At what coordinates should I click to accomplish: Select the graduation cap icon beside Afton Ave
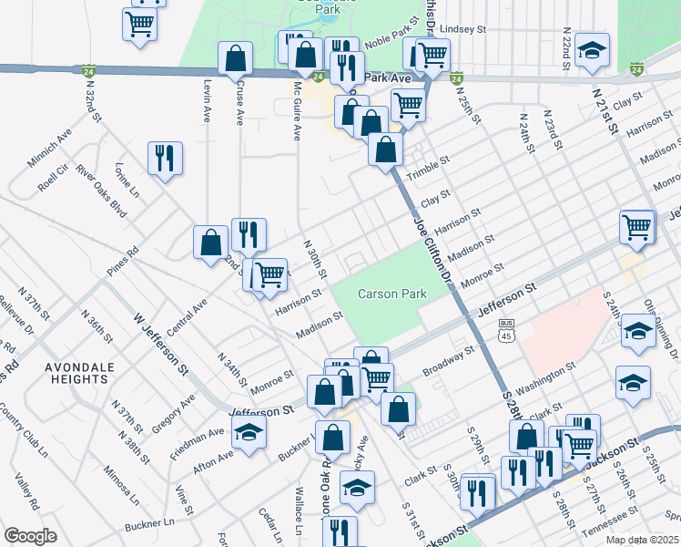[x=247, y=436]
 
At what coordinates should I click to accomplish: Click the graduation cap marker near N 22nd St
[x=593, y=54]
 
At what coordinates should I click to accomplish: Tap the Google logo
[x=30, y=535]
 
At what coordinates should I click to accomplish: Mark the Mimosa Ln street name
[x=120, y=488]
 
